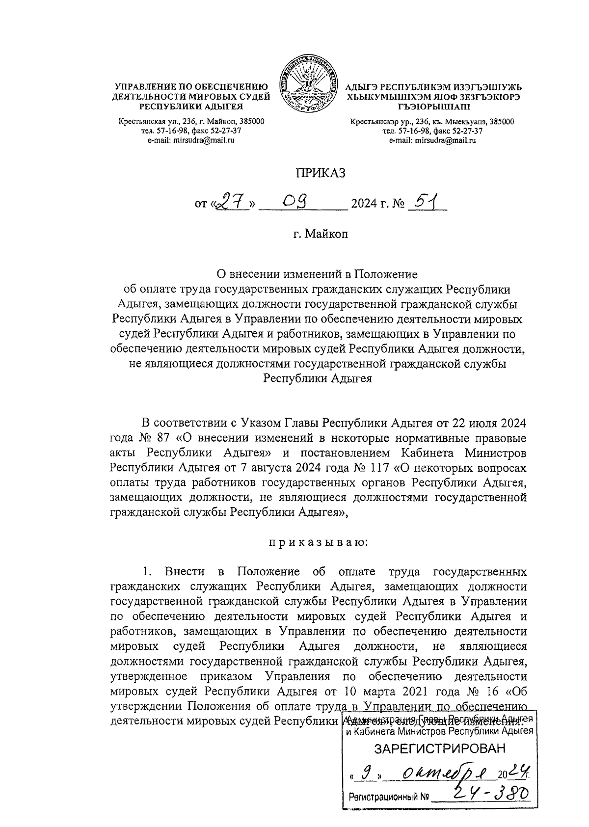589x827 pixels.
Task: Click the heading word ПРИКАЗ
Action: [320, 172]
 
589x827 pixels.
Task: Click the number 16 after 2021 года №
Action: [495, 693]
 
